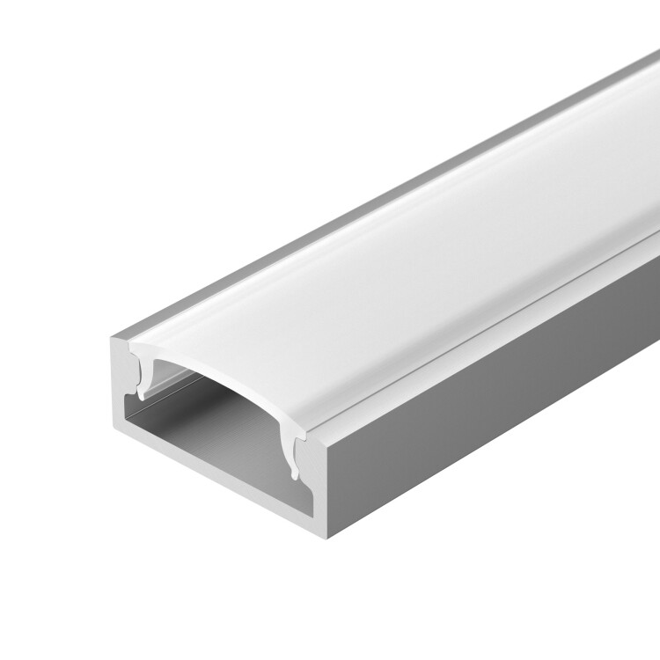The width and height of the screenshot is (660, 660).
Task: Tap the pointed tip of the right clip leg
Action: tap(294, 477)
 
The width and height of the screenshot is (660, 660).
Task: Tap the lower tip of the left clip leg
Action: tap(143, 396)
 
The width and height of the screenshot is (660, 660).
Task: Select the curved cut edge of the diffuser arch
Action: tap(220, 370)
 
